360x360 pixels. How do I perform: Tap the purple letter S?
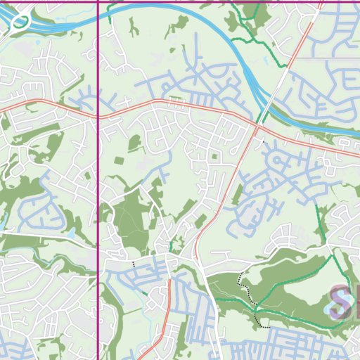pyautogui.click(x=342, y=302)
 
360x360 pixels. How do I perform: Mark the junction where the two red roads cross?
pyautogui.click(x=255, y=127)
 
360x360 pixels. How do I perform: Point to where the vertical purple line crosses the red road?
pyautogui.click(x=97, y=115)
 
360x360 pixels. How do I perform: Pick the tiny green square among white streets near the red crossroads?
pyautogui.click(x=215, y=156)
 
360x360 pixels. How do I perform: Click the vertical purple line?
pyautogui.click(x=97, y=211)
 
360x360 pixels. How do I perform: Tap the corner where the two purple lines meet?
pyautogui.click(x=97, y=1)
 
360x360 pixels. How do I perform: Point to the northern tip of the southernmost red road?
pyautogui.click(x=169, y=281)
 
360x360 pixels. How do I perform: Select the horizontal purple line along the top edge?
pyautogui.click(x=211, y=1)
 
